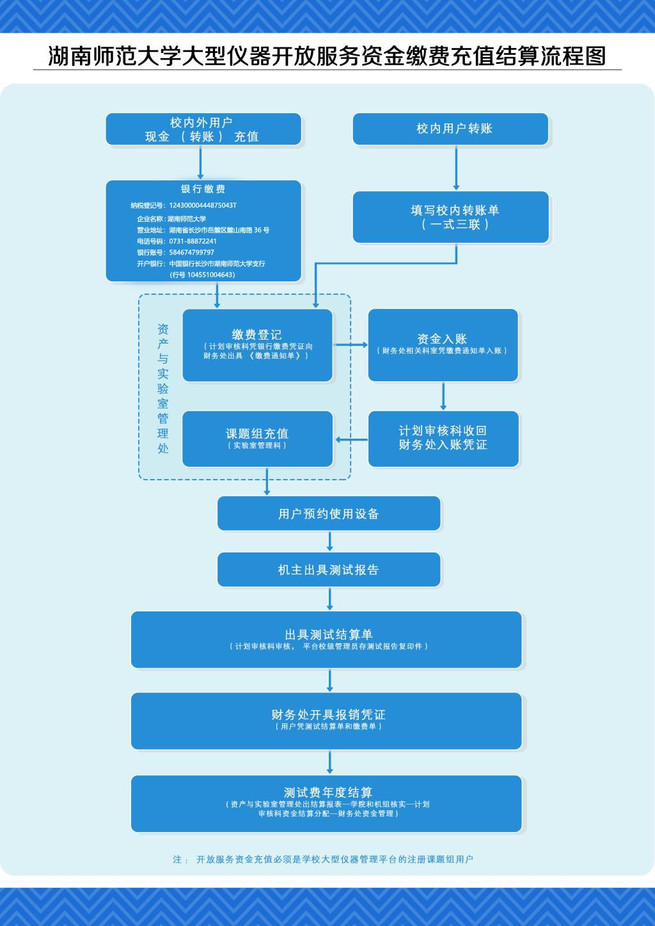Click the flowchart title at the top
click(327, 56)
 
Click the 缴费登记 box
click(257, 345)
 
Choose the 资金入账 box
click(443, 345)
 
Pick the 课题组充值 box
click(257, 438)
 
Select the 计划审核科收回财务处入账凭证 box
click(443, 438)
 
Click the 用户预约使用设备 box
click(329, 514)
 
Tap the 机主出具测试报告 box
click(329, 569)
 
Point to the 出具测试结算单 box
click(326, 640)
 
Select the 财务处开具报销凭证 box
click(326, 721)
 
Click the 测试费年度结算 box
click(326, 803)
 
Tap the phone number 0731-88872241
click(193, 241)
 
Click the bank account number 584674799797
click(192, 253)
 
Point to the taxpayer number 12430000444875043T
click(203, 205)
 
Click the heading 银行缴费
click(203, 189)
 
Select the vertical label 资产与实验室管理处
click(163, 388)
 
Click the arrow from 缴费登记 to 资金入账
click(351, 345)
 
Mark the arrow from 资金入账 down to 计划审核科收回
click(443, 396)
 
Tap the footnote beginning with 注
click(323, 859)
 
